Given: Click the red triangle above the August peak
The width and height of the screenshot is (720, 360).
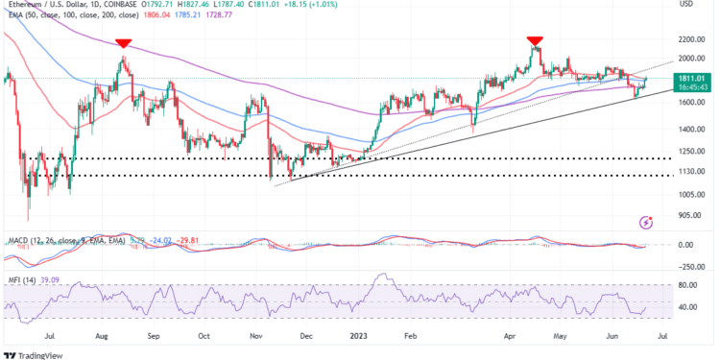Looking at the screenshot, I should [x=123, y=43].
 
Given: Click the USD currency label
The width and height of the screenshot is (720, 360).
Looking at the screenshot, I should [x=686, y=5].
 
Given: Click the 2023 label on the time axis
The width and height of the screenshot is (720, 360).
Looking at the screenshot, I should [x=358, y=336].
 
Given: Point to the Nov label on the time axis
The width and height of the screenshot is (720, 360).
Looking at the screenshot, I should [x=254, y=336].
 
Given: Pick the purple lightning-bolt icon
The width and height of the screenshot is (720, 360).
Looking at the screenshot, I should [x=646, y=222].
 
